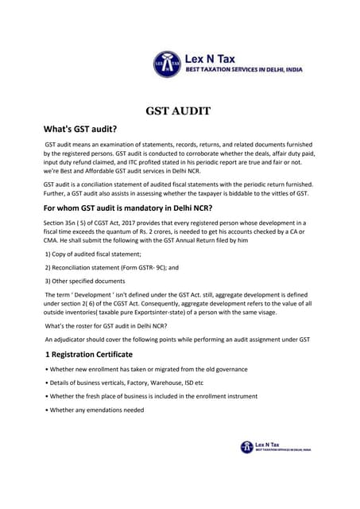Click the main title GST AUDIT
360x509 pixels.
coord(179,111)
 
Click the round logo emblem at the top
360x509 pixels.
coord(167,64)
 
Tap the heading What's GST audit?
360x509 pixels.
coord(80,129)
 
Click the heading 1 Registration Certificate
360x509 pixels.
coord(88,354)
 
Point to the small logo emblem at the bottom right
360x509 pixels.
coord(247,447)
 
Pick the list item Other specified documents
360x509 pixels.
coord(86,281)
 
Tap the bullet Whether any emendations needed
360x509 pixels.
coord(96,410)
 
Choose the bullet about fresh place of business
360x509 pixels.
coord(151,396)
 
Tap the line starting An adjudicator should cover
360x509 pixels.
coord(176,340)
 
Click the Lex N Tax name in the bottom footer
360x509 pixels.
coord(268,444)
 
